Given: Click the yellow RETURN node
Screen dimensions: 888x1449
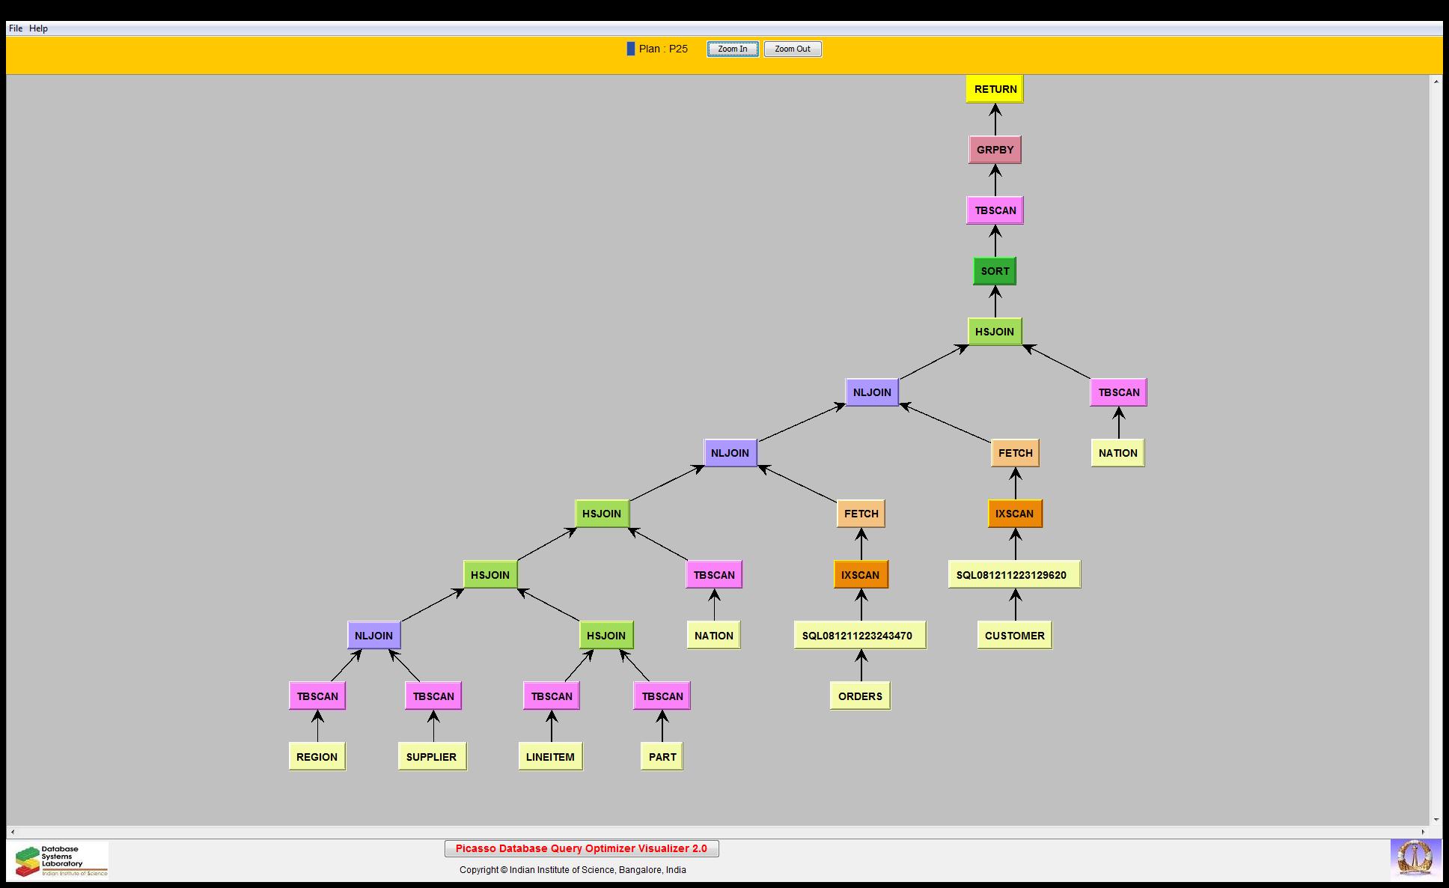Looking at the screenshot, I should pyautogui.click(x=995, y=89).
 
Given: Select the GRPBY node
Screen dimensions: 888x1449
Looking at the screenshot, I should pyautogui.click(x=995, y=150).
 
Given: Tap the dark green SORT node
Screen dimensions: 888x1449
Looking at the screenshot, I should pyautogui.click(x=995, y=271).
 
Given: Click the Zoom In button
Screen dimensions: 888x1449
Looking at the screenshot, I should pyautogui.click(x=732, y=49).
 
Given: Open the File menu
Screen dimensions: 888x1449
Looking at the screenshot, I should pyautogui.click(x=16, y=28).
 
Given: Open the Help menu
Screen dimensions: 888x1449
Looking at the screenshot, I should pyautogui.click(x=38, y=28).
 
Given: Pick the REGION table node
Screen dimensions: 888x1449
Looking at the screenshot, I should pyautogui.click(x=317, y=757).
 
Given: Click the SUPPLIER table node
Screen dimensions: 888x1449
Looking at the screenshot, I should pyautogui.click(x=431, y=757).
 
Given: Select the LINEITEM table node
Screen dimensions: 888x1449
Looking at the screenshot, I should pyautogui.click(x=550, y=757).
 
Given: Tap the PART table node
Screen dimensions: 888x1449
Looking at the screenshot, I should pyautogui.click(x=662, y=757).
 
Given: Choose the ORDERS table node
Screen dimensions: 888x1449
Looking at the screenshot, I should pyautogui.click(x=860, y=696).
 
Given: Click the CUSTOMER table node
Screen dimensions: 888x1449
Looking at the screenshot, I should pyautogui.click(x=1014, y=636).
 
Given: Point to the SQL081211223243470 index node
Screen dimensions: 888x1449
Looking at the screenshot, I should pyautogui.click(x=859, y=636).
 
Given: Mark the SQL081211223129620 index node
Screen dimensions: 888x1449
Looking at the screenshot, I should pyautogui.click(x=1013, y=575).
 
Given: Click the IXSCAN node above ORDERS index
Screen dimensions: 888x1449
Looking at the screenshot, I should pyautogui.click(x=860, y=575).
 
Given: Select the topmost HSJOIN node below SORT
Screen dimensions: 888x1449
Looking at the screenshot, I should pyautogui.click(x=994, y=332).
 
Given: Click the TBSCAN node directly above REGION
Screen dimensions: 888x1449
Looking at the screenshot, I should pyautogui.click(x=317, y=696).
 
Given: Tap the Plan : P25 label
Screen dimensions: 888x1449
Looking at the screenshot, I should pyautogui.click(x=662, y=49).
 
